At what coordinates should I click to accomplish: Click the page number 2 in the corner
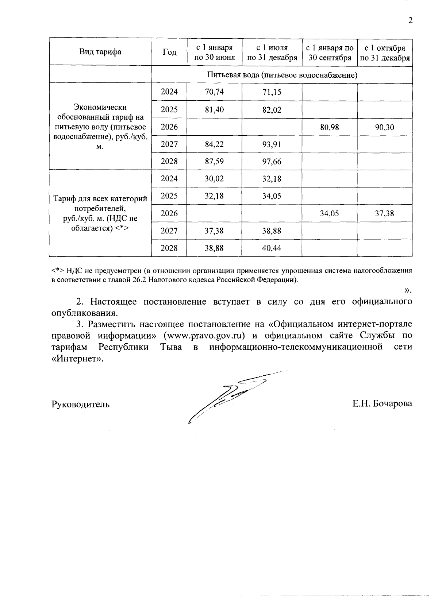point(410,20)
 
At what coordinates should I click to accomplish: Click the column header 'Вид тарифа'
point(100,52)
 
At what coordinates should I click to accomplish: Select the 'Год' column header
point(169,52)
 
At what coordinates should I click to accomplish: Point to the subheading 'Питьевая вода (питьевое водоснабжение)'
point(282,75)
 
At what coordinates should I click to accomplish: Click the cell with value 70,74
point(214,92)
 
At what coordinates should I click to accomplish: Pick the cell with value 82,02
point(272,109)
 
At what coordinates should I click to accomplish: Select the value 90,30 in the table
point(384,127)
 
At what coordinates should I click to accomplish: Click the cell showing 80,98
point(329,127)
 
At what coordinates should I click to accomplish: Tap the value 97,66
point(272,162)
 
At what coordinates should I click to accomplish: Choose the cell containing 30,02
point(214,179)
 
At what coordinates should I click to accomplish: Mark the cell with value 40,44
point(272,248)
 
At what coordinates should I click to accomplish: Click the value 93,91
point(272,144)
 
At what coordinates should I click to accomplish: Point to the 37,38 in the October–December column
point(384,214)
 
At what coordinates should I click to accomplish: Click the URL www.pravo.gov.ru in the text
point(204,335)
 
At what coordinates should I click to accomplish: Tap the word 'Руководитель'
point(81,404)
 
